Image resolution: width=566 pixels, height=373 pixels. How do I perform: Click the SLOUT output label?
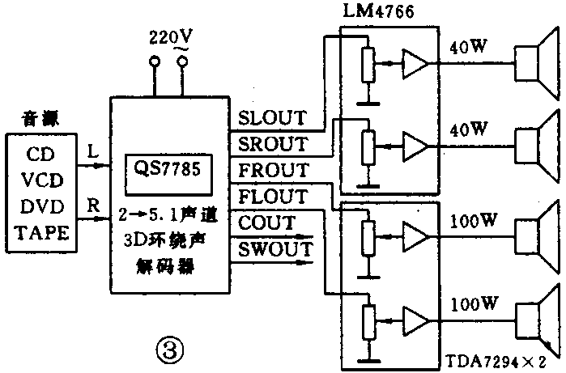coord(272,118)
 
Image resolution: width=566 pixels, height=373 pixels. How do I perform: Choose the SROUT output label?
coord(272,144)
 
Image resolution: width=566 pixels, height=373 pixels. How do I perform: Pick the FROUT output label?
coord(272,170)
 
